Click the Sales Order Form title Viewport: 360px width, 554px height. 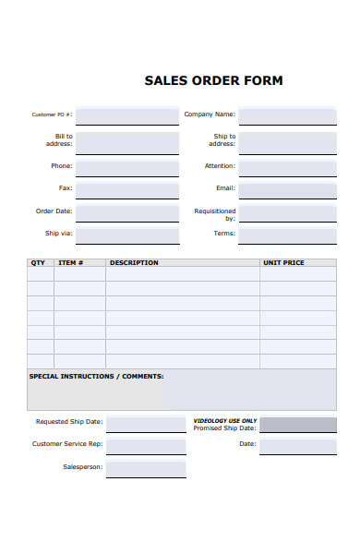point(213,80)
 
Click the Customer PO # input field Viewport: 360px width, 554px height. point(127,115)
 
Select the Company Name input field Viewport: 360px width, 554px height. point(287,115)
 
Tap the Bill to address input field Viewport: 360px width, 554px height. point(127,141)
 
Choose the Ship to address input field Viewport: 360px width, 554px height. point(287,141)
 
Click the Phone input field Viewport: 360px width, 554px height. point(127,166)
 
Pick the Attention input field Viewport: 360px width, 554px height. point(287,166)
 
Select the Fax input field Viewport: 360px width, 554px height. point(127,189)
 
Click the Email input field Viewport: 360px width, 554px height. point(287,189)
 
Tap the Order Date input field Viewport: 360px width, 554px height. point(127,211)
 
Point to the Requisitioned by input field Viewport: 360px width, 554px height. point(287,213)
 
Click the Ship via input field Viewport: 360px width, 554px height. point(127,235)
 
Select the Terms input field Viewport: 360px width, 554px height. point(287,235)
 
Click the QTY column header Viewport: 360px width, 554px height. point(38,263)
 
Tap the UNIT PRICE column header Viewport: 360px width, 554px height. point(283,263)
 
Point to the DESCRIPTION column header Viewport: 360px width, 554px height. point(134,263)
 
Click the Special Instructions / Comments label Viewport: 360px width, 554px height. point(97,377)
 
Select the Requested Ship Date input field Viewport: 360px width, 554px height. point(146,423)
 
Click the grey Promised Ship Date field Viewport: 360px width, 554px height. point(297,425)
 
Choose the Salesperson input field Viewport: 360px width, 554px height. point(146,467)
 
